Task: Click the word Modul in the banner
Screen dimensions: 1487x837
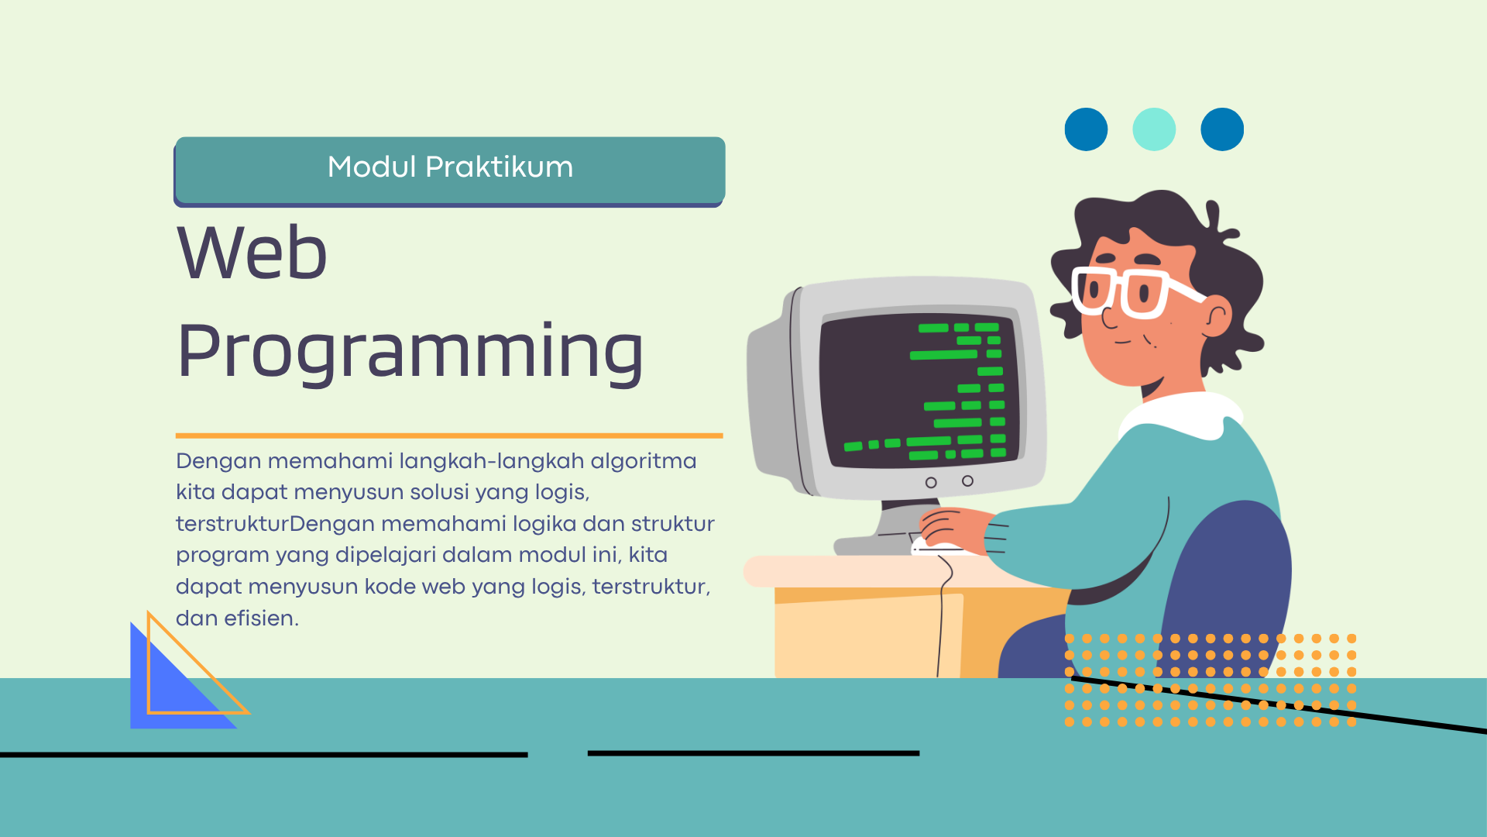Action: [x=372, y=167]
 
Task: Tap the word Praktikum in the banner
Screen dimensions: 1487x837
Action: [x=500, y=167]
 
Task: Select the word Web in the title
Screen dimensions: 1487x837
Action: [x=252, y=253]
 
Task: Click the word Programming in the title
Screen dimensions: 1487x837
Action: [x=410, y=353]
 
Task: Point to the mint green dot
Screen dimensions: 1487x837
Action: [x=1154, y=129]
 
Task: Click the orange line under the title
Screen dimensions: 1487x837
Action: [x=449, y=436]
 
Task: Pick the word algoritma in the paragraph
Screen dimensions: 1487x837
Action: [x=644, y=461]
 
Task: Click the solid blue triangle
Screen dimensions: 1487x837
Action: [x=175, y=682]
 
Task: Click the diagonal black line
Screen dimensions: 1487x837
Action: [x=1279, y=704]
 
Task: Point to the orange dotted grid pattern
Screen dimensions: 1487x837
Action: [x=1211, y=680]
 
